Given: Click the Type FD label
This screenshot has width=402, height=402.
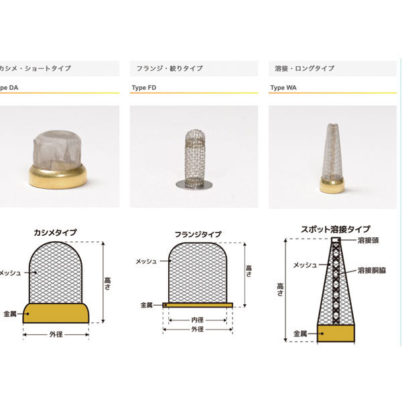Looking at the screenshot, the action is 144,88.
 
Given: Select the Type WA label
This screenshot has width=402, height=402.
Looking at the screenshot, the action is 283,88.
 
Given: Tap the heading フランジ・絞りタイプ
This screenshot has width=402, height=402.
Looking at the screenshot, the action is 170,68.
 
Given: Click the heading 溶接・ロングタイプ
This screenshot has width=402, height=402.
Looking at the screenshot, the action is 305,68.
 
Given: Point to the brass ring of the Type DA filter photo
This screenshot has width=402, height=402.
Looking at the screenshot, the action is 58,176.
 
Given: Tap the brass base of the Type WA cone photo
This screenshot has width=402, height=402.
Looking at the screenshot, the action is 332,185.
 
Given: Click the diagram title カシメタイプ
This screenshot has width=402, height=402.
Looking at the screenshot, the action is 56,232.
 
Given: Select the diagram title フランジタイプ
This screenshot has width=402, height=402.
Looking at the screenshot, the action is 198,234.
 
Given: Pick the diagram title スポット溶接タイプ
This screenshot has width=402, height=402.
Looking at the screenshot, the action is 336,229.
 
